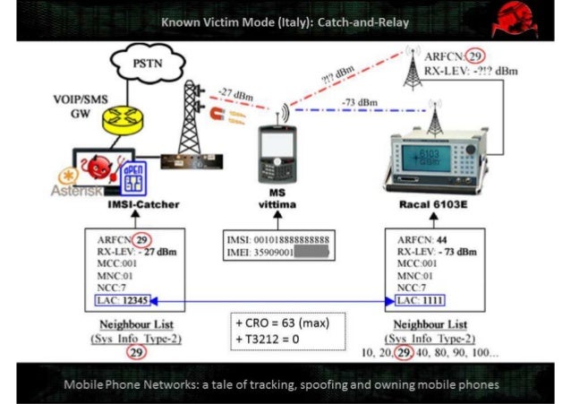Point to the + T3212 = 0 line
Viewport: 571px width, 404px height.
click(x=272, y=340)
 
